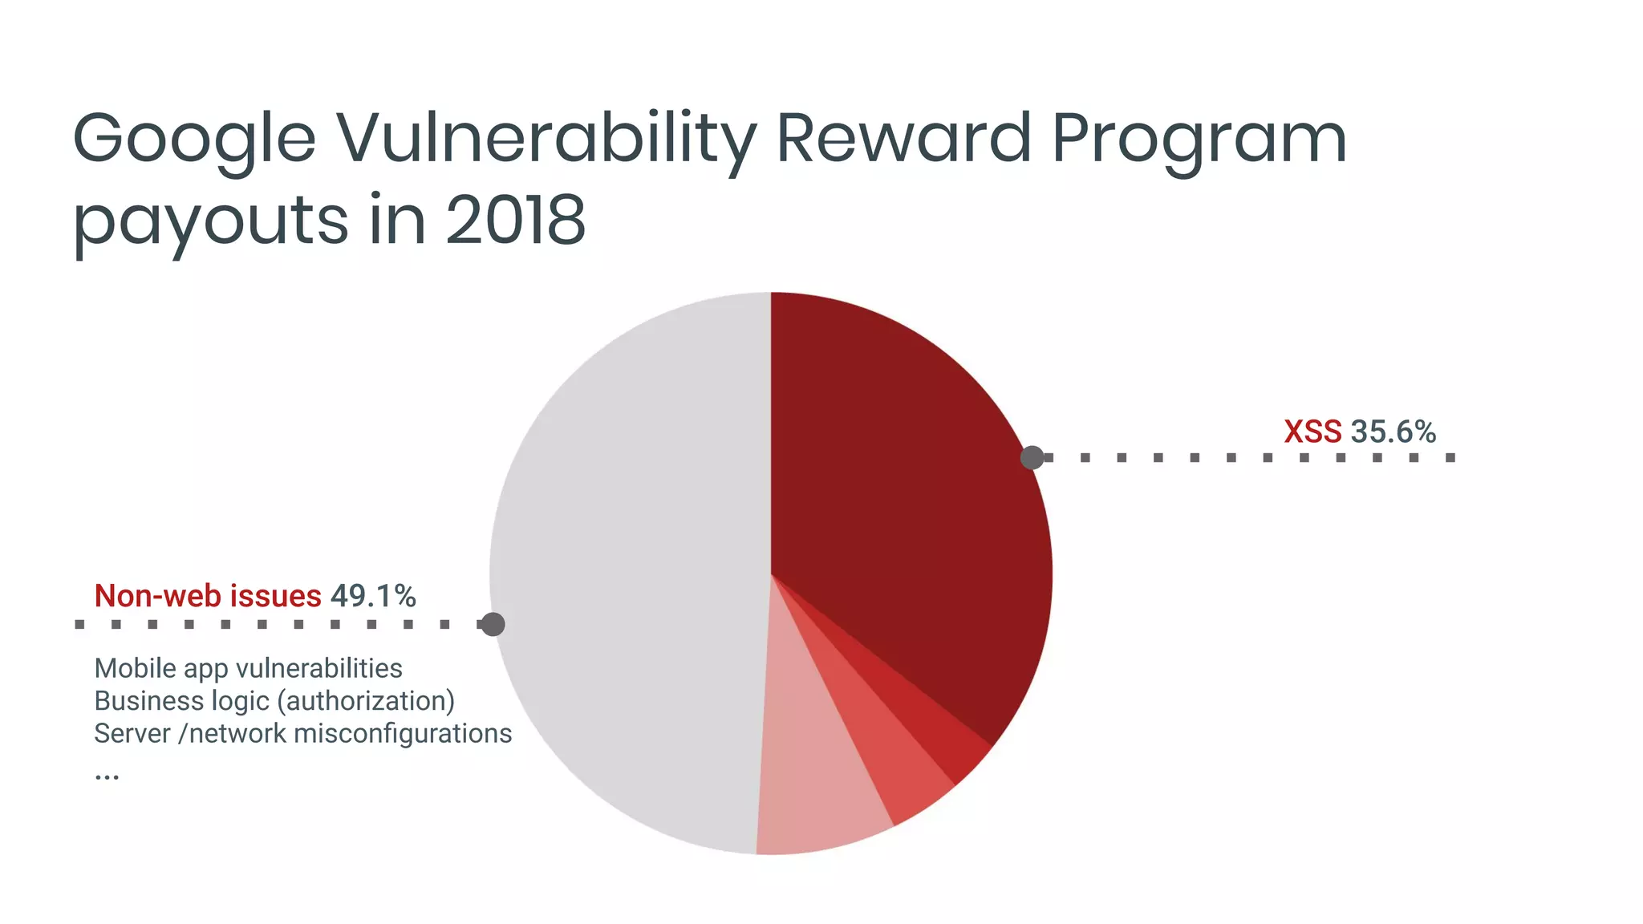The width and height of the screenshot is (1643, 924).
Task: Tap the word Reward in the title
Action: tap(903, 138)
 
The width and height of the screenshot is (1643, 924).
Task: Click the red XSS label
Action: tap(1312, 432)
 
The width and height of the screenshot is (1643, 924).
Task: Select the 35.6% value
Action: tap(1394, 432)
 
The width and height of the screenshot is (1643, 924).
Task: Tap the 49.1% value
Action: tap(373, 596)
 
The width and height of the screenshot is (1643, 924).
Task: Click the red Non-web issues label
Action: tap(208, 596)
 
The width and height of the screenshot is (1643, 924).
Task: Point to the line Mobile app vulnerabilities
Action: tap(249, 668)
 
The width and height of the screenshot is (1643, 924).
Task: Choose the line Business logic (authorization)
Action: tap(274, 701)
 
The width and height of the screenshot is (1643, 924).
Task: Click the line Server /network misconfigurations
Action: tap(302, 733)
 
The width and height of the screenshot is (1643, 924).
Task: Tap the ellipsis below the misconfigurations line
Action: tap(107, 776)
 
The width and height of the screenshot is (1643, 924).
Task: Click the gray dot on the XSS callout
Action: tap(1032, 457)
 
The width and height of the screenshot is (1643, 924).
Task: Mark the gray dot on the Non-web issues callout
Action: tap(493, 624)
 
